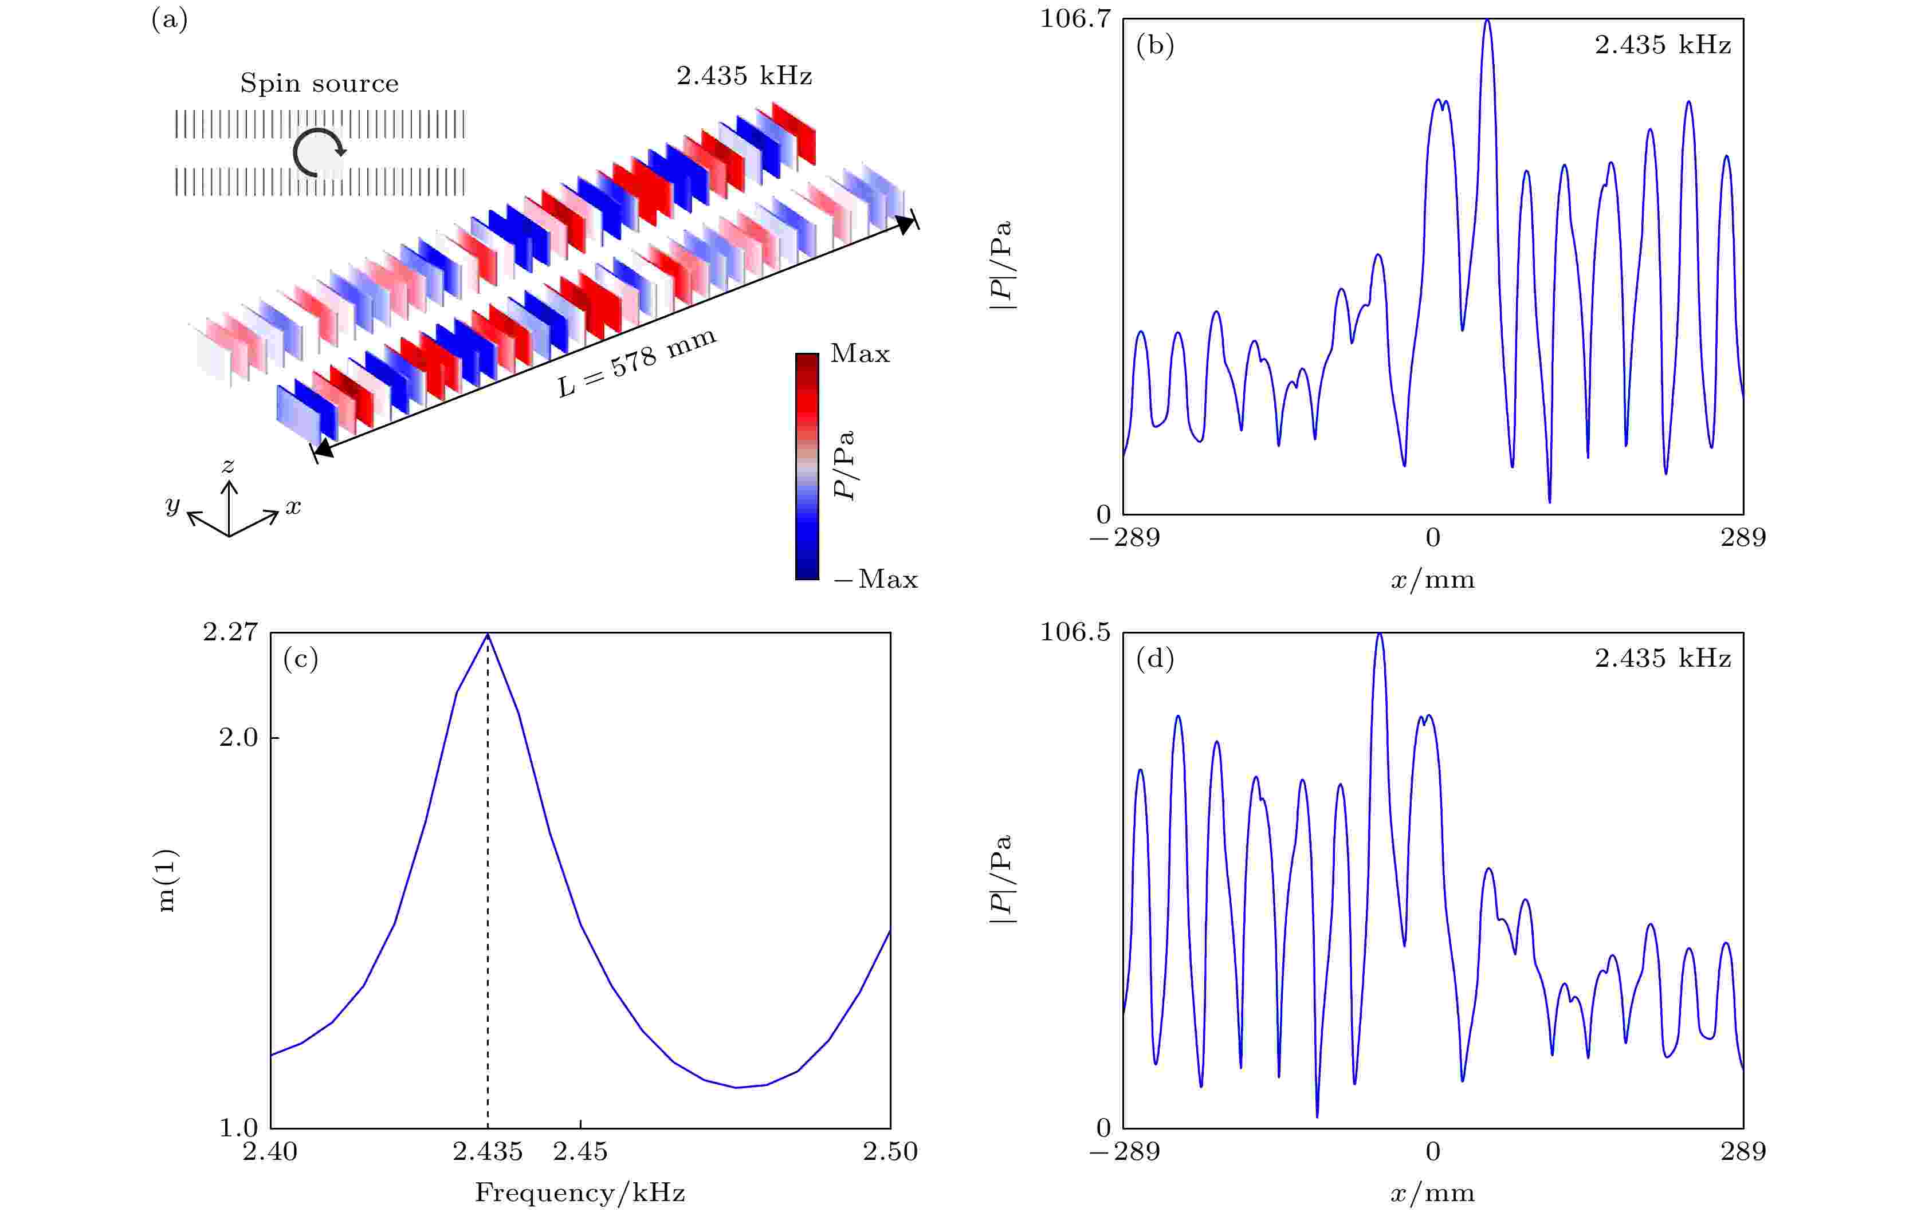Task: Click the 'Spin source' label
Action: pos(319,84)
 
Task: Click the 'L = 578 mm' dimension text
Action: pos(637,363)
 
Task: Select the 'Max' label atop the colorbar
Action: pos(860,353)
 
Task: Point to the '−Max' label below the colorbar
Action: pos(875,579)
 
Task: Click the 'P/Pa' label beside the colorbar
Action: pos(844,466)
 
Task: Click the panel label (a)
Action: pos(170,19)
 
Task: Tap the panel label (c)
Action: pos(300,659)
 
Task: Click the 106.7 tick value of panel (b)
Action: pos(1075,18)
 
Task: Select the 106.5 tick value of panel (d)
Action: pos(1075,632)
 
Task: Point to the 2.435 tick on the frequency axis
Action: pos(488,1151)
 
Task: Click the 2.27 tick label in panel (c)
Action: pos(230,632)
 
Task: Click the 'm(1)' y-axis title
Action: pos(167,880)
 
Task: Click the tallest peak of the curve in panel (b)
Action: pos(1487,22)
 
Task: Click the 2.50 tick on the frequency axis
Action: pos(890,1151)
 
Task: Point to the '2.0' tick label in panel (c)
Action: pos(239,738)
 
